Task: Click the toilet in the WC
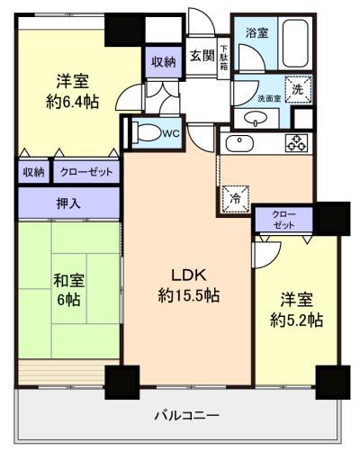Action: coord(147,132)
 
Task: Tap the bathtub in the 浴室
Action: coord(295,44)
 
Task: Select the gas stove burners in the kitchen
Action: coord(296,142)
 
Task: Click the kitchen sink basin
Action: coord(239,144)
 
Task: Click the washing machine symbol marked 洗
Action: coord(298,89)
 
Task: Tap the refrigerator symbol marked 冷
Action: coord(236,199)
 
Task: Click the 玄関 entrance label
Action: coord(202,56)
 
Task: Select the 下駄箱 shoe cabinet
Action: coord(224,58)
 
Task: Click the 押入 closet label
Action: coord(68,203)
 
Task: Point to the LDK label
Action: coord(189,275)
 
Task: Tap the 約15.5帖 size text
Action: coord(189,295)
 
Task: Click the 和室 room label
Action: coord(68,280)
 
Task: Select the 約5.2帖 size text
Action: coord(296,320)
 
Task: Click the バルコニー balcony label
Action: coord(187,416)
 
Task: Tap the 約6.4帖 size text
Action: coord(73,102)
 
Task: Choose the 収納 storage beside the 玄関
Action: coord(163,62)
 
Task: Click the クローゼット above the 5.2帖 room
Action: coord(283,220)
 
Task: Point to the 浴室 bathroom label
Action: coord(256,33)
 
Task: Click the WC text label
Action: coord(171,133)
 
